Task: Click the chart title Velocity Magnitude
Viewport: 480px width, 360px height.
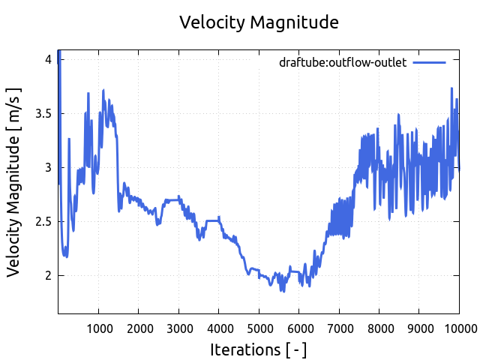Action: [259, 22]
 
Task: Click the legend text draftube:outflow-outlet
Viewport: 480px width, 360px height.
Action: [343, 63]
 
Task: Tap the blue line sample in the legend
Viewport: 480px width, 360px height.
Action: [430, 63]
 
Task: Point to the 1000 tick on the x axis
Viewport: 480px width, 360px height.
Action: [98, 328]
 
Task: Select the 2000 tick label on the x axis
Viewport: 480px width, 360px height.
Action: [139, 328]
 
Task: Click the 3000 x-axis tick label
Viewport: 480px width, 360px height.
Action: [178, 328]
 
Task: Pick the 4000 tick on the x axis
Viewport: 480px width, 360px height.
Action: [219, 328]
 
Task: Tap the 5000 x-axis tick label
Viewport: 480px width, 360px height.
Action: [259, 328]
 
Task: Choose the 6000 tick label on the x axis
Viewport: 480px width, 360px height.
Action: [298, 328]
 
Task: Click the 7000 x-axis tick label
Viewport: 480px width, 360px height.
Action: [339, 328]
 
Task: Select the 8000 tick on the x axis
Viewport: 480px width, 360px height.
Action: [379, 328]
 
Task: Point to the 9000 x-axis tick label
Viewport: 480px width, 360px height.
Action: [419, 328]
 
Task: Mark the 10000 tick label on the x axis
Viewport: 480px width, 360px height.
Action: [457, 328]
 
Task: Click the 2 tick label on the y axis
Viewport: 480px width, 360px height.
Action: [48, 275]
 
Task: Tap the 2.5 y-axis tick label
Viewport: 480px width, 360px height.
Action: [43, 221]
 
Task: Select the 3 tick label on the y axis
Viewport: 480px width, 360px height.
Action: [48, 167]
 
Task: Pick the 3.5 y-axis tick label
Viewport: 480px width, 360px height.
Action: [43, 113]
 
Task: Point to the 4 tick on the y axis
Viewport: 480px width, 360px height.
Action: [48, 59]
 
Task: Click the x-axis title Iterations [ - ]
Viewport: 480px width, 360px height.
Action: [259, 349]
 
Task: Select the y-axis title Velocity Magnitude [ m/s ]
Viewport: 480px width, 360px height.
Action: [14, 181]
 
